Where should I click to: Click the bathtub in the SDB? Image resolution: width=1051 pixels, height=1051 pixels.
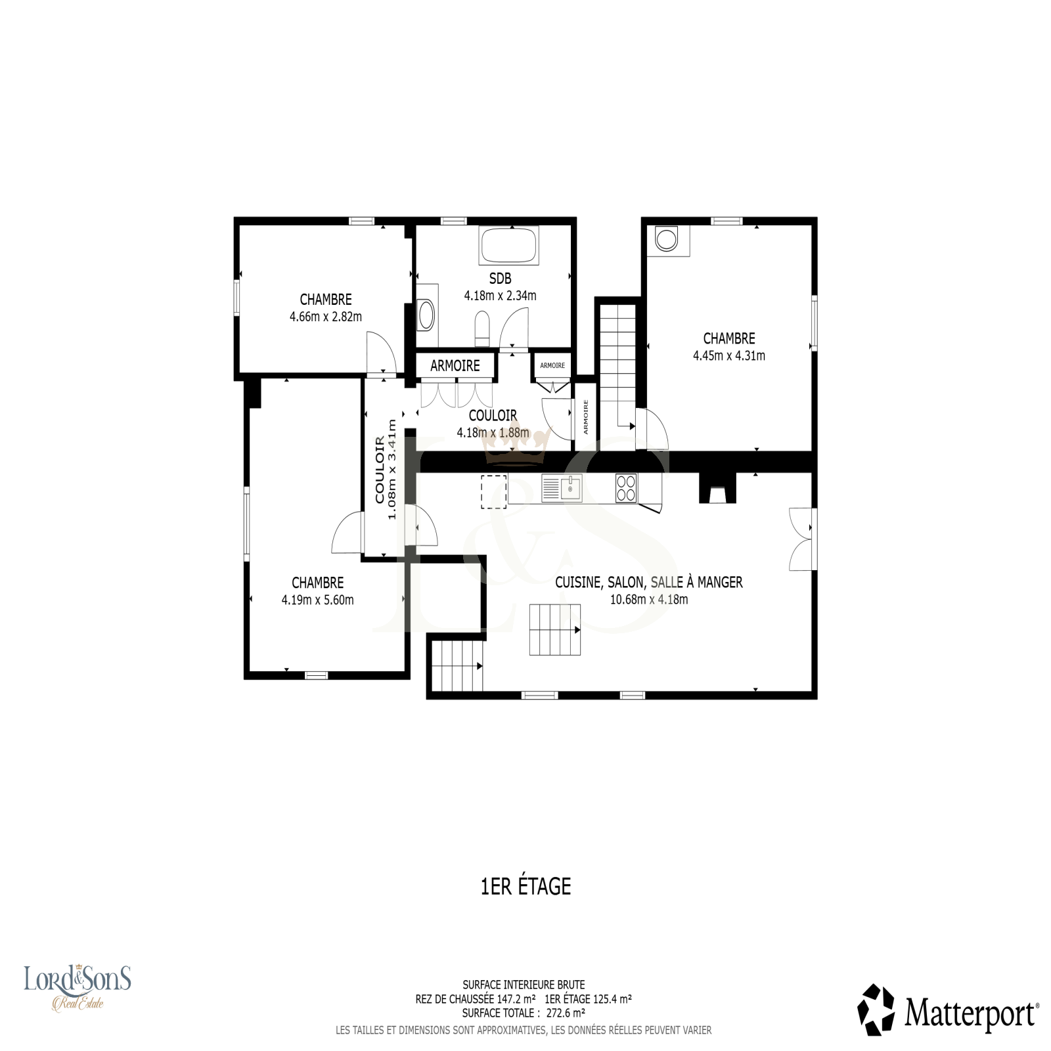509,246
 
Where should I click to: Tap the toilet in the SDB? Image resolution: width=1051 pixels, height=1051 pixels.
482,328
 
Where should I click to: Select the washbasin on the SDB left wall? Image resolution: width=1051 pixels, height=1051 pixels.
426,315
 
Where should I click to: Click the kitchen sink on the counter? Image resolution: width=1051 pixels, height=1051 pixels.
562,488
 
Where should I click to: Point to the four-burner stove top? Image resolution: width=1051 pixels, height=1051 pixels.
626,488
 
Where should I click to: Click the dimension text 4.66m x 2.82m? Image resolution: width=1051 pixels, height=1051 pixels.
326,317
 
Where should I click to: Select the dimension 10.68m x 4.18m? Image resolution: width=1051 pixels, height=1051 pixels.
649,599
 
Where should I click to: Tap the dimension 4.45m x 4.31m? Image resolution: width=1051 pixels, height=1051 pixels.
729,356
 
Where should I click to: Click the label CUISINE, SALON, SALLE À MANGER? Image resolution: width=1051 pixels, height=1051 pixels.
649,582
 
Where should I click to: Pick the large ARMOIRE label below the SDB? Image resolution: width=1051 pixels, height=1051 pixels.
455,366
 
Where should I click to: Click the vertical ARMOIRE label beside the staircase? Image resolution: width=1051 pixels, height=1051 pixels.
586,417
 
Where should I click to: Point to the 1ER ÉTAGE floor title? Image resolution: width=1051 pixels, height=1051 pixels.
526,886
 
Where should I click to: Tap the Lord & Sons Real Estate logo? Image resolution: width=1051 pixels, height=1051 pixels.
78,987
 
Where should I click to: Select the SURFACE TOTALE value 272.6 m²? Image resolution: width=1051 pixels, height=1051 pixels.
566,1013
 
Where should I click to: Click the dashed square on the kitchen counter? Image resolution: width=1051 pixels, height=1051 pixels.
494,491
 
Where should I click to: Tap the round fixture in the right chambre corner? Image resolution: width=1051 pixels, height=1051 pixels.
667,240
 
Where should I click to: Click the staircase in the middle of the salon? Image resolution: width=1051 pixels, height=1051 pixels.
555,630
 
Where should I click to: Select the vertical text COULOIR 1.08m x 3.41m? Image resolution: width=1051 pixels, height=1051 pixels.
386,470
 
